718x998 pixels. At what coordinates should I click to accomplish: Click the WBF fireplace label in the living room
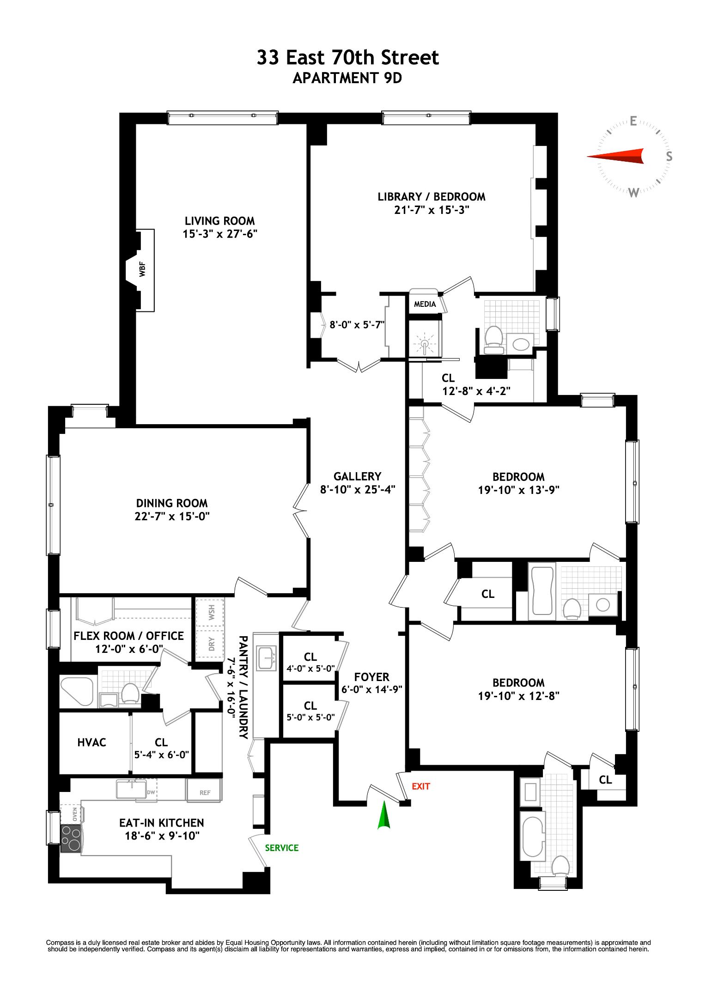pos(142,269)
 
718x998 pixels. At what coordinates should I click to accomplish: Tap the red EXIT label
pos(420,786)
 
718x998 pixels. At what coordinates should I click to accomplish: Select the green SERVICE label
pos(281,847)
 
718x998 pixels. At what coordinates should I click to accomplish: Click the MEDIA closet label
pos(425,304)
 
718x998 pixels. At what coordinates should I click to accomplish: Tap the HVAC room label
pos(91,742)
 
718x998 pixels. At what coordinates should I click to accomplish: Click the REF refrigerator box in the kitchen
pos(205,792)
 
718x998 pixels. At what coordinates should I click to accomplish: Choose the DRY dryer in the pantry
pos(211,643)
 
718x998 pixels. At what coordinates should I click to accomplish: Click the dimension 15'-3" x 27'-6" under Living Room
pos(219,234)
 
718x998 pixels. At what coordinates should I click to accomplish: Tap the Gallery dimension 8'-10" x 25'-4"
pos(358,489)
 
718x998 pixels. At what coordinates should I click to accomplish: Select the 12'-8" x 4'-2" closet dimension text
pos(476,391)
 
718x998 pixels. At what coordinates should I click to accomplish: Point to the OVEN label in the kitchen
pos(74,814)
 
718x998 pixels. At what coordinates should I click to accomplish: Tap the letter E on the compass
pos(633,121)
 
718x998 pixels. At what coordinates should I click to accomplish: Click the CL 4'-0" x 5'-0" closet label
pos(310,662)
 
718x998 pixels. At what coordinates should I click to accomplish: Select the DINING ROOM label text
pos(172,503)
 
